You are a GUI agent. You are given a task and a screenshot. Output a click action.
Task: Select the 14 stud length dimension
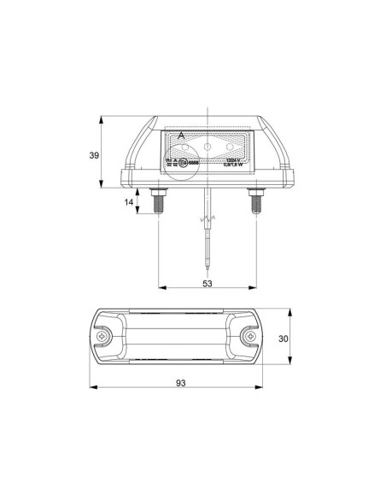(x=128, y=202)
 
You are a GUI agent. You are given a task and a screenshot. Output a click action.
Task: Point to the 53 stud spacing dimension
(x=208, y=283)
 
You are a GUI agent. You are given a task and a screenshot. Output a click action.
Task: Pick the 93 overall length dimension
(x=181, y=383)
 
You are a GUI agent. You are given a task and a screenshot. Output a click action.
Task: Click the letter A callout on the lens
(x=180, y=136)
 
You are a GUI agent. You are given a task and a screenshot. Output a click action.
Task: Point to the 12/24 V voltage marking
(x=234, y=159)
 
